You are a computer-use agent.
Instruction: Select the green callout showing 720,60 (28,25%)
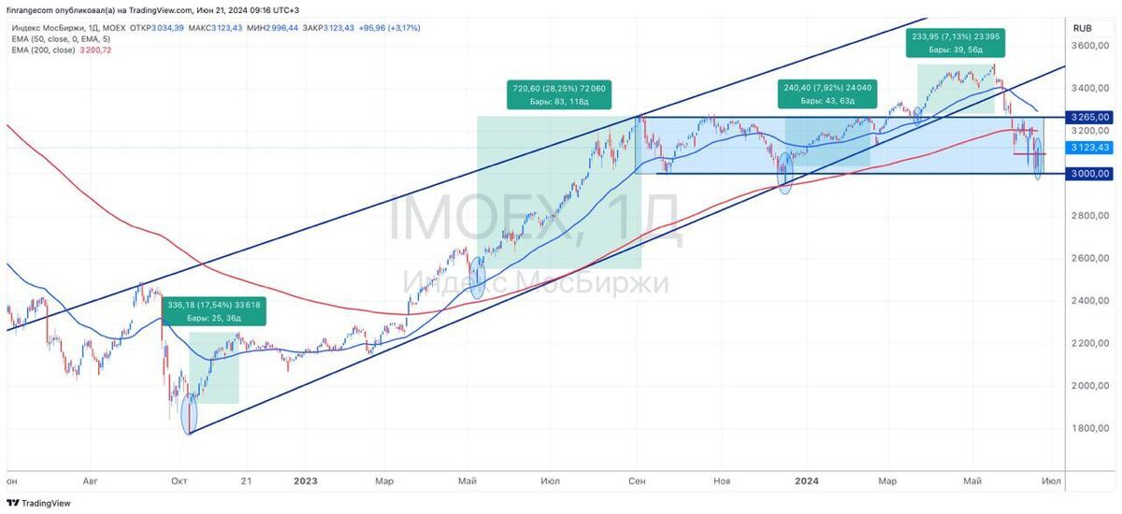pos(559,94)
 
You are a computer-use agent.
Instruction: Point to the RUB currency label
pos(1083,27)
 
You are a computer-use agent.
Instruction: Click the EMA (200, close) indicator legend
pos(59,50)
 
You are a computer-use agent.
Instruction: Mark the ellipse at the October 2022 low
pos(191,413)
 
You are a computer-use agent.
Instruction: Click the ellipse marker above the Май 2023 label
pos(478,278)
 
